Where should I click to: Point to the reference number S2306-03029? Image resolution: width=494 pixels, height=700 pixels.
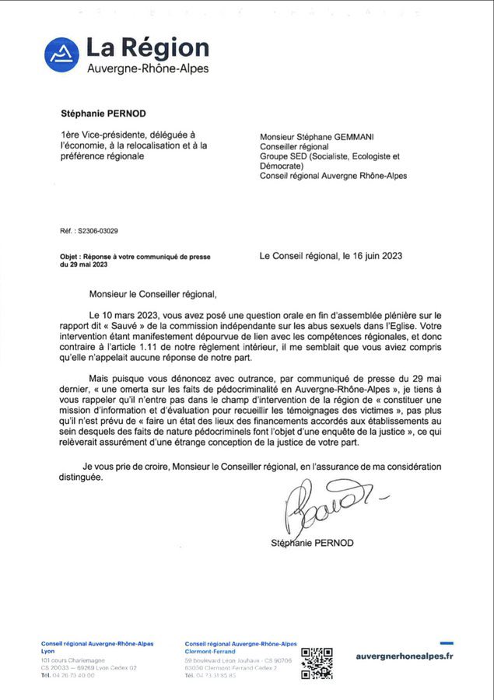coord(99,230)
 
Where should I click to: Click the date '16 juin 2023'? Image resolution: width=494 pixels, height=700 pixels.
coord(373,255)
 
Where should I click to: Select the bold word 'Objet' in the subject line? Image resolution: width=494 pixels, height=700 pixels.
coord(72,256)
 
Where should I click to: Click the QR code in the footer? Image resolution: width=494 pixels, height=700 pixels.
coord(317,662)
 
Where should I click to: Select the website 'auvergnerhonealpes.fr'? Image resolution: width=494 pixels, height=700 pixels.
coord(405,656)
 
